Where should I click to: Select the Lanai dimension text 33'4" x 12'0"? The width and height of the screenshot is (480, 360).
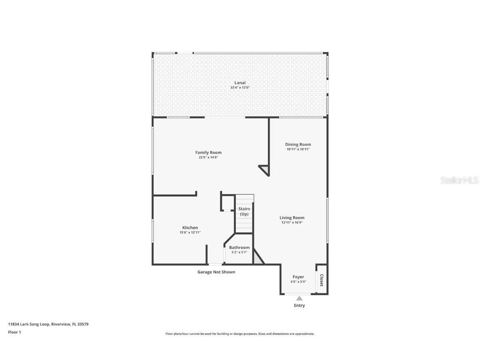(x=240, y=88)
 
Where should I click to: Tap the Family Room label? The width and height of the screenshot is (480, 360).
(x=208, y=152)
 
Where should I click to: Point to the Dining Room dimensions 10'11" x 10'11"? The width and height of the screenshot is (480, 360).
(x=298, y=149)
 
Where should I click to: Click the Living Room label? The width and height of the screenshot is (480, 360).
(x=292, y=217)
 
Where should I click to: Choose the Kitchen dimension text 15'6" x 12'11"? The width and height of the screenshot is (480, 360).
(x=190, y=232)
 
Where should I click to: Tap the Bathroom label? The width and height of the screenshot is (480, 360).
(x=239, y=247)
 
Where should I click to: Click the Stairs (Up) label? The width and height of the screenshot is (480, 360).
(x=244, y=211)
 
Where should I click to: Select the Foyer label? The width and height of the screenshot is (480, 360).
(x=298, y=277)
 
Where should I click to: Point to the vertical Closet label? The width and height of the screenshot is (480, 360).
(x=322, y=280)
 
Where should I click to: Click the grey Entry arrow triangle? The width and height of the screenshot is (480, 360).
(x=299, y=298)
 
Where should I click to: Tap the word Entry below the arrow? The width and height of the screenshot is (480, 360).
(x=299, y=305)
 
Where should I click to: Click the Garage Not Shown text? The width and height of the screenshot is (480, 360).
(x=216, y=272)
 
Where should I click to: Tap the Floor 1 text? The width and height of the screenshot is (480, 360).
(x=14, y=332)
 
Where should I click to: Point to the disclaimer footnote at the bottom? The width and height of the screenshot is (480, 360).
(x=240, y=334)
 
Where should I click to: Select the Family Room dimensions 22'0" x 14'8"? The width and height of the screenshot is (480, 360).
(x=208, y=157)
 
